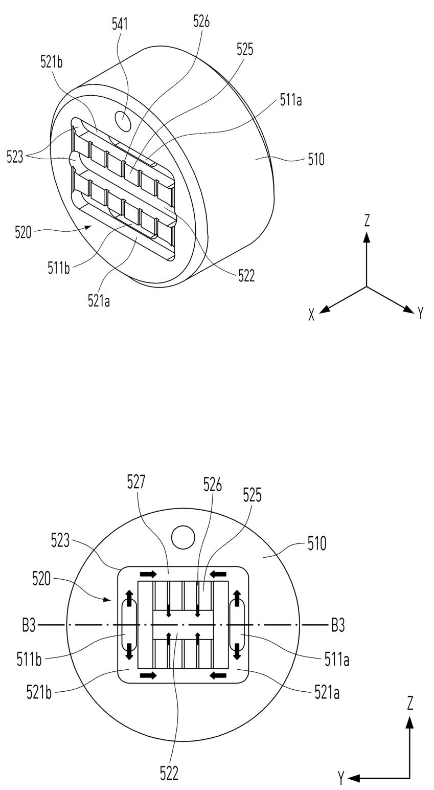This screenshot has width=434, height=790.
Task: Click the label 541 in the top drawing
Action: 120,25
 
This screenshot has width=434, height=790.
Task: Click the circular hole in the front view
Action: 183,537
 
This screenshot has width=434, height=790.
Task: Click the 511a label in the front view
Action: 337,660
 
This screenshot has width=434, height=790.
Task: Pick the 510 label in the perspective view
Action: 316,160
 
